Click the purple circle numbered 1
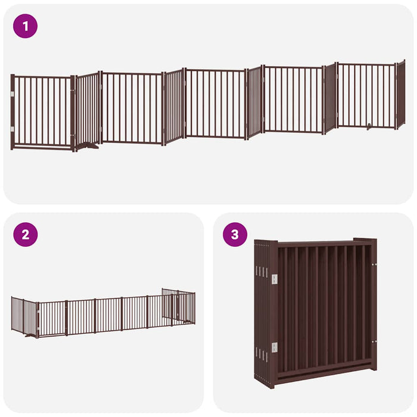(25, 26)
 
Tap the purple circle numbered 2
(25, 234)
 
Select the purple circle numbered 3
(235, 234)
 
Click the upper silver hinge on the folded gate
(275, 279)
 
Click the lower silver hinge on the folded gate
(275, 347)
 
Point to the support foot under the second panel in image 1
(87, 145)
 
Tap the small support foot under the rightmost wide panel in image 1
(371, 126)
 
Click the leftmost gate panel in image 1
(42, 111)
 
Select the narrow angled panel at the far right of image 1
(400, 94)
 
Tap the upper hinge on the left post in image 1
(12, 94)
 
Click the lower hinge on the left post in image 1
(12, 128)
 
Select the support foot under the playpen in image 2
(29, 335)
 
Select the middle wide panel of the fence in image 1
(214, 103)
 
